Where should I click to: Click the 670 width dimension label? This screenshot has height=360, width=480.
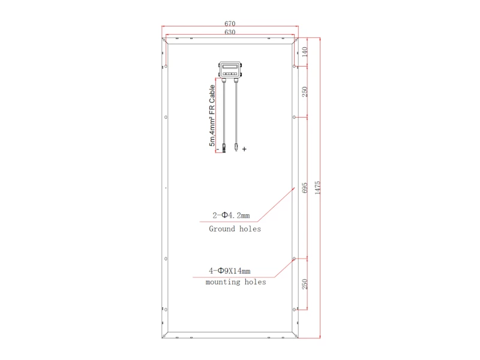pos(230,23)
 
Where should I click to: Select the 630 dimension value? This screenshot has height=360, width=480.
pos(230,32)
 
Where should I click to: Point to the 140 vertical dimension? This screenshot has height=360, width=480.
pos(305,52)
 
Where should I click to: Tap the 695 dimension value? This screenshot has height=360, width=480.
pos(305,188)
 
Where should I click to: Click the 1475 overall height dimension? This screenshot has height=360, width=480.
pos(317,188)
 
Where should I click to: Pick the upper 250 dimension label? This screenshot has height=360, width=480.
pos(305,92)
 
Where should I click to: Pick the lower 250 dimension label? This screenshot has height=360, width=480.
pos(305,284)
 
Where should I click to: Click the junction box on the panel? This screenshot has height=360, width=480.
pos(230,70)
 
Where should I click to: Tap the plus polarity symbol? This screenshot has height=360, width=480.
pos(244,149)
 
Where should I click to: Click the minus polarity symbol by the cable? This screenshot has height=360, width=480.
pos(218,149)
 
